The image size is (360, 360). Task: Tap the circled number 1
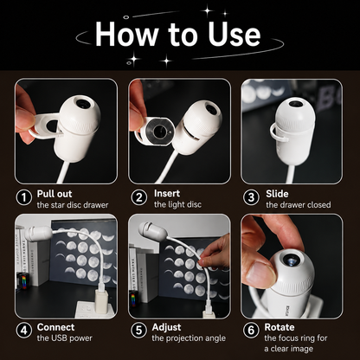point(24,198)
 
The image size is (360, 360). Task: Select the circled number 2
point(139,198)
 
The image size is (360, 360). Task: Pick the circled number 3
point(251,198)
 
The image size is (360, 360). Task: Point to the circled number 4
point(24,331)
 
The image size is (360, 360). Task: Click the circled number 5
point(139,331)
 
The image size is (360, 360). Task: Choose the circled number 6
point(251,331)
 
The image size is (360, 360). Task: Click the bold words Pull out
point(55,194)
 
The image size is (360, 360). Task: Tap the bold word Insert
point(167,193)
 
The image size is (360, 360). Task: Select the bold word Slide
point(277,194)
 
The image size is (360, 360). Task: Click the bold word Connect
point(55,327)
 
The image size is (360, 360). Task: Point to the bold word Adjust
point(166,327)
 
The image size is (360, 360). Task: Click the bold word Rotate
point(280,327)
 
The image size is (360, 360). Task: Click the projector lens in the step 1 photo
point(83,103)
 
